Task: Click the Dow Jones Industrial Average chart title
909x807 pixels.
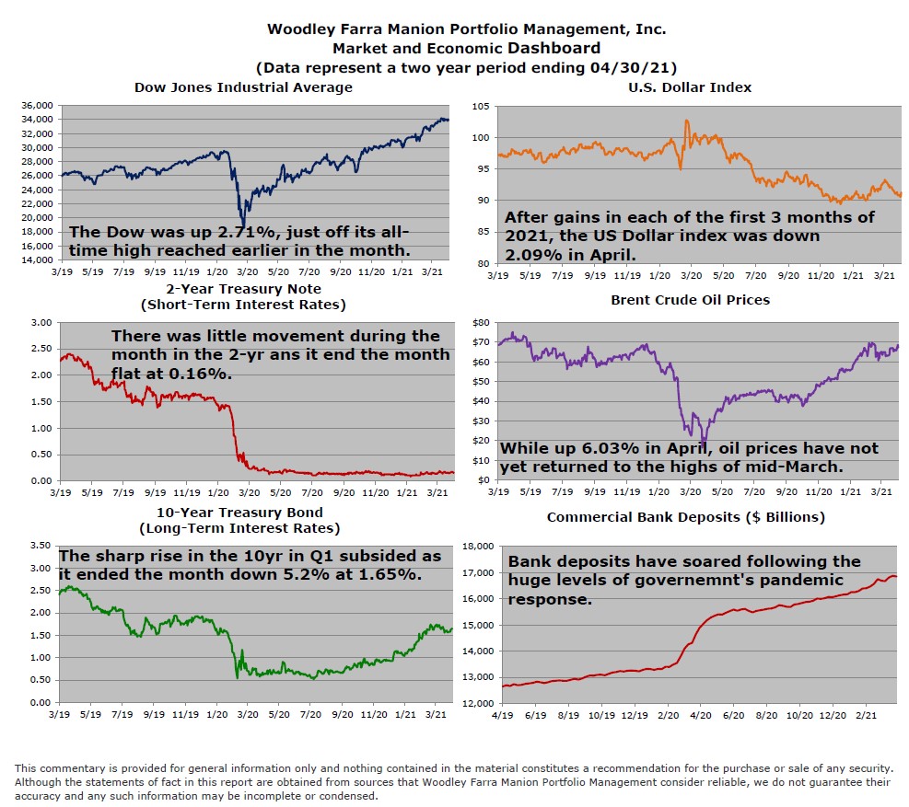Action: [243, 87]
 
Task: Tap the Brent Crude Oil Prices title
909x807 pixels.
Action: [690, 300]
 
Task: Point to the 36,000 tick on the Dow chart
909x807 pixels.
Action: [37, 106]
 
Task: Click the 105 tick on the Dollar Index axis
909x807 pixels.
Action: [480, 106]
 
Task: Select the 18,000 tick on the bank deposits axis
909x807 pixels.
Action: [479, 547]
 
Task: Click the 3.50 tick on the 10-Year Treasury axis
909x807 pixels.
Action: [39, 546]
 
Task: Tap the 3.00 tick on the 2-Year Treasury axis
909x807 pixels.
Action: [39, 323]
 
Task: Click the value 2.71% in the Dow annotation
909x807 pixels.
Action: [220, 232]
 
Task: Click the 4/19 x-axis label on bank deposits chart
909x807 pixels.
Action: [504, 714]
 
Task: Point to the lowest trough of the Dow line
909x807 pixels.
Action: [242, 224]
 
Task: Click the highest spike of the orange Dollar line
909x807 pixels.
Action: [685, 121]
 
